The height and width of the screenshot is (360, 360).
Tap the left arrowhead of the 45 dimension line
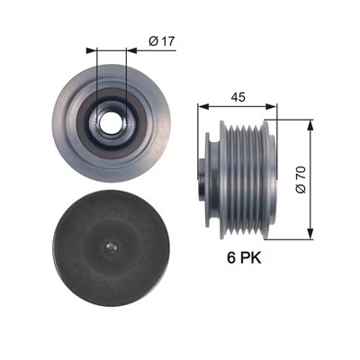point(202,106)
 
